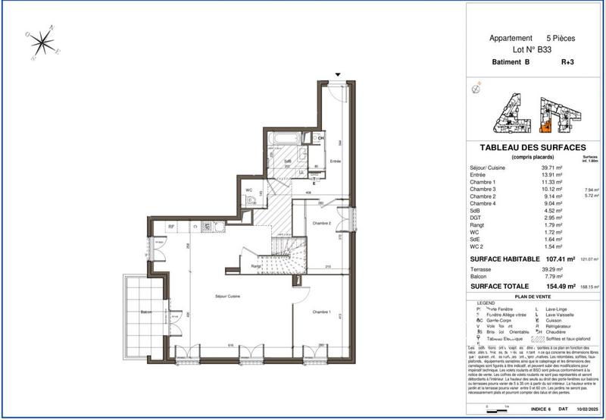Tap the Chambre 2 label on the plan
tap(321, 224)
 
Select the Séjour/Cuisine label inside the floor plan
tap(205, 298)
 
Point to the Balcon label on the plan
tap(147, 312)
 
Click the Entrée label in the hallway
tap(336, 161)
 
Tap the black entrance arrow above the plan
tap(339, 74)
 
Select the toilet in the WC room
tap(250, 201)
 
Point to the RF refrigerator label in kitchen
tap(172, 226)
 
